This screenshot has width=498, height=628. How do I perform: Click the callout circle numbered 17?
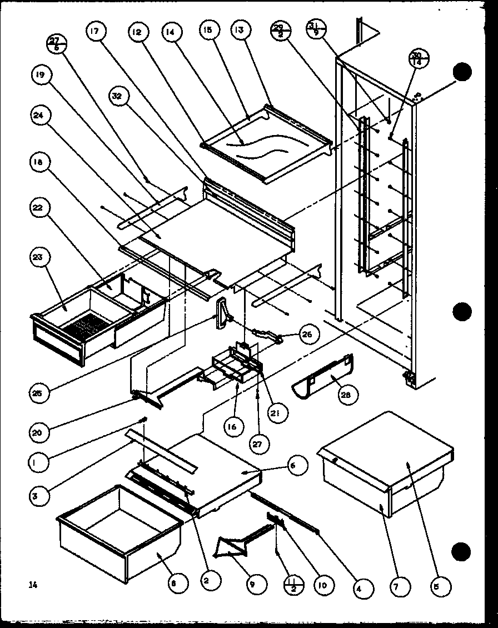pos(93,32)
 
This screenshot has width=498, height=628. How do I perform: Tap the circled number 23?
pos(41,257)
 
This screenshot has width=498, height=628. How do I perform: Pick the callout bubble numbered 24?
pos(41,116)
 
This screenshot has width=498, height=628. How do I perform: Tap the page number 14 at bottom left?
pos(33,584)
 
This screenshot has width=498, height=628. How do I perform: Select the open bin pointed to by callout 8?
pos(119,528)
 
